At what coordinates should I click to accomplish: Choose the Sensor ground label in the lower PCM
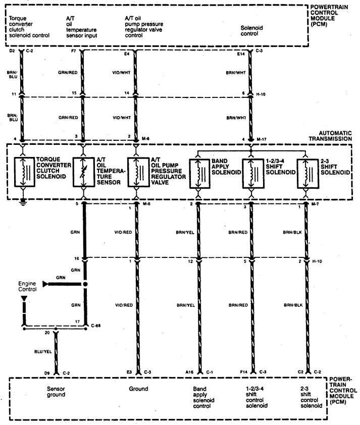click(56, 392)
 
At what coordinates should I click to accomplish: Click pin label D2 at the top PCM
click(12, 51)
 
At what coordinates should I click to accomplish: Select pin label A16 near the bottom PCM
click(190, 373)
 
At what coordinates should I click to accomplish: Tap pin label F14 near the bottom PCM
click(243, 373)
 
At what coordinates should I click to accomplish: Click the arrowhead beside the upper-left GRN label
click(46, 285)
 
